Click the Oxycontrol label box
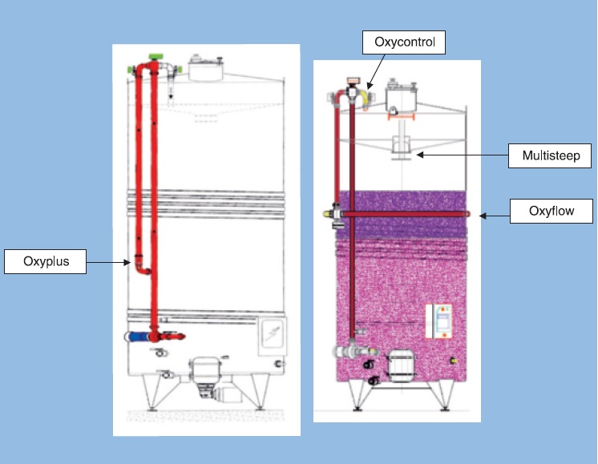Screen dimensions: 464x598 [403, 42]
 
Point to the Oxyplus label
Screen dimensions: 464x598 [45, 262]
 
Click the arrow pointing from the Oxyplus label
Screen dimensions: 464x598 [107, 262]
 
